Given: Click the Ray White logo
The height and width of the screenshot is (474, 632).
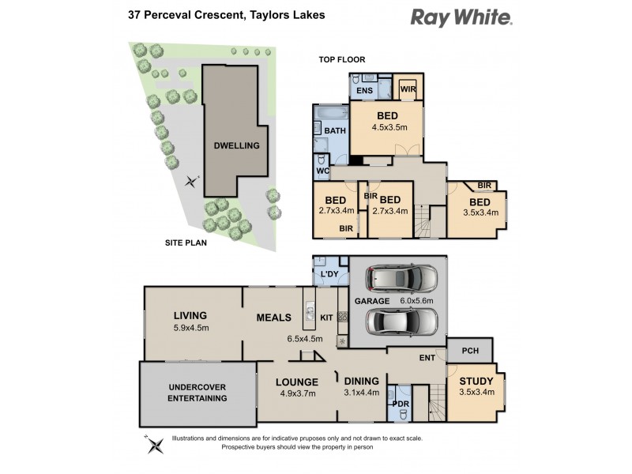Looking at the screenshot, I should point(461,17).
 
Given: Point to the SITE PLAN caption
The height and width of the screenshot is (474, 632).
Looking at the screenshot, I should point(186,243).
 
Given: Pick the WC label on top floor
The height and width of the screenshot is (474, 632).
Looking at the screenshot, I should point(322,171).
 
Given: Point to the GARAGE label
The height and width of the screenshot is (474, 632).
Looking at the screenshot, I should point(371,301).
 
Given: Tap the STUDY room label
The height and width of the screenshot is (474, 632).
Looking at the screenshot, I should point(476,381).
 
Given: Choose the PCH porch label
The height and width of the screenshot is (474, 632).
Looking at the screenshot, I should point(471,351).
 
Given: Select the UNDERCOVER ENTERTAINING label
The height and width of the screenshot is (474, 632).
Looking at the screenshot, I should point(198,392).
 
